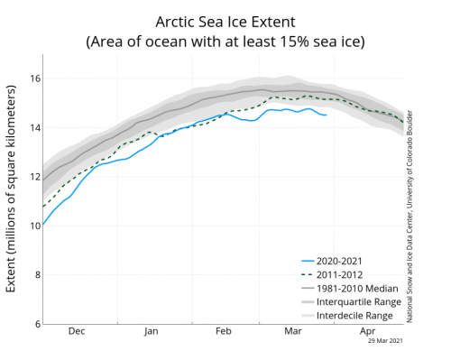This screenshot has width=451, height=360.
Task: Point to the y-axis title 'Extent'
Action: pyautogui.click(x=12, y=190)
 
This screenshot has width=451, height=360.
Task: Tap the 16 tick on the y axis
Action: pyautogui.click(x=33, y=78)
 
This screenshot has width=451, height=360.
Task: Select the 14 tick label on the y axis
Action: pyautogui.click(x=33, y=127)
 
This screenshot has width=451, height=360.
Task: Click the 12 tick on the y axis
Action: pyautogui.click(x=33, y=177)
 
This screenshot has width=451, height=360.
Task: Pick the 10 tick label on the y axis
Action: pyautogui.click(x=33, y=226)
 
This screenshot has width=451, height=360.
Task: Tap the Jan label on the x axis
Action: pyautogui.click(x=151, y=333)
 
